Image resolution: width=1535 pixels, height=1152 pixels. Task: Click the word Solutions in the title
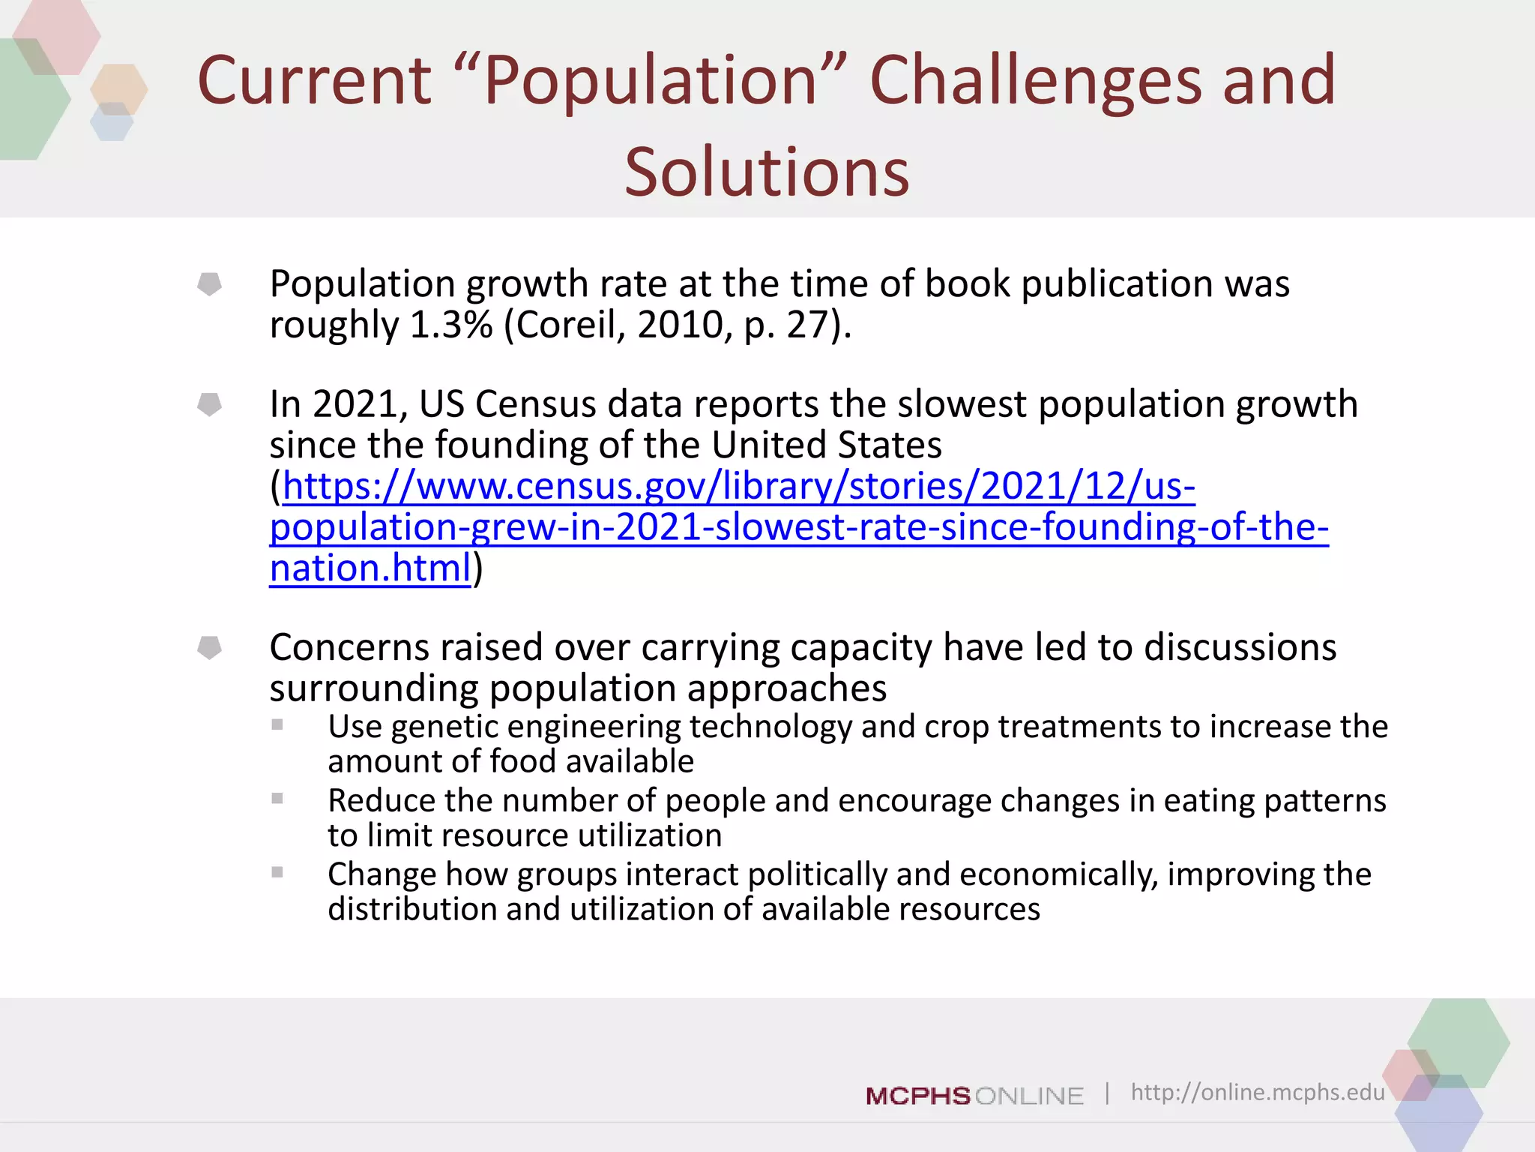[767, 172]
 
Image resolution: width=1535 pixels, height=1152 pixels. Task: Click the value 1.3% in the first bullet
[450, 325]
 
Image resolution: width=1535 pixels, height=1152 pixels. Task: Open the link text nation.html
[370, 568]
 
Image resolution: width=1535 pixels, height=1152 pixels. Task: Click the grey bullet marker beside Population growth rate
[209, 283]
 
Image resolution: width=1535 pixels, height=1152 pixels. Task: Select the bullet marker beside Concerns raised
[209, 647]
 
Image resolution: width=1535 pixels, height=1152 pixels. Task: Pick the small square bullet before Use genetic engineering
[277, 724]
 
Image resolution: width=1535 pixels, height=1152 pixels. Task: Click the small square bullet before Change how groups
[277, 872]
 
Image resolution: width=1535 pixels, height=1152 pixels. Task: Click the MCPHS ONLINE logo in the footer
[974, 1096]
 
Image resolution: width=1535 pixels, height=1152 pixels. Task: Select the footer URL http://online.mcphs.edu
[1257, 1092]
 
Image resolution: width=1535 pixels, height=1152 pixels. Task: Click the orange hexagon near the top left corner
[118, 88]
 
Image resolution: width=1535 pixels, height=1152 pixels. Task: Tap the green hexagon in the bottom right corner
[1458, 1042]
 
